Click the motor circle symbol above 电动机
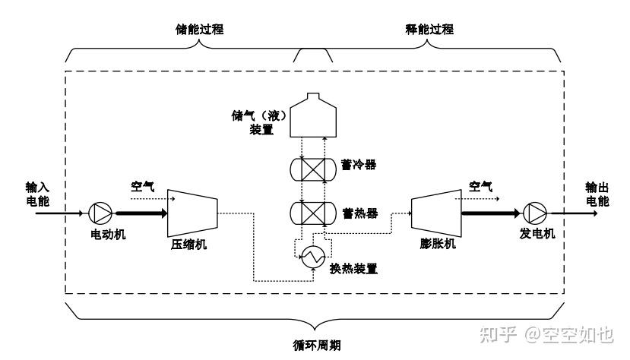tap(100, 213)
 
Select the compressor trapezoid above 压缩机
tap(192, 212)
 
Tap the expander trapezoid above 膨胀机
tap(434, 212)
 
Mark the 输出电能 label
tap(597, 194)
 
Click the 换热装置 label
tap(354, 269)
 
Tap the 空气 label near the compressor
tap(142, 185)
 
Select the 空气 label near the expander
tap(480, 185)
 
